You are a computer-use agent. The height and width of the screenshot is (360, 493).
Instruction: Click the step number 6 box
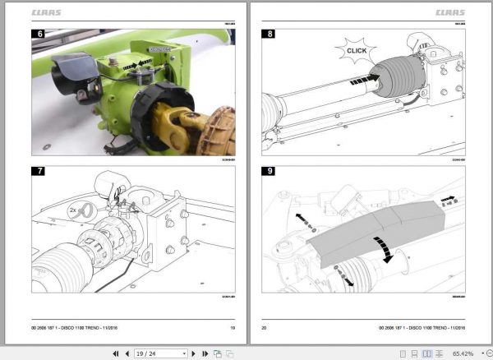point(39,35)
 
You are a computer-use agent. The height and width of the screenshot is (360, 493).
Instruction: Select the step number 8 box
point(269,35)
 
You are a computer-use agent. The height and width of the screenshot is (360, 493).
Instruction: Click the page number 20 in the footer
point(265,327)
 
